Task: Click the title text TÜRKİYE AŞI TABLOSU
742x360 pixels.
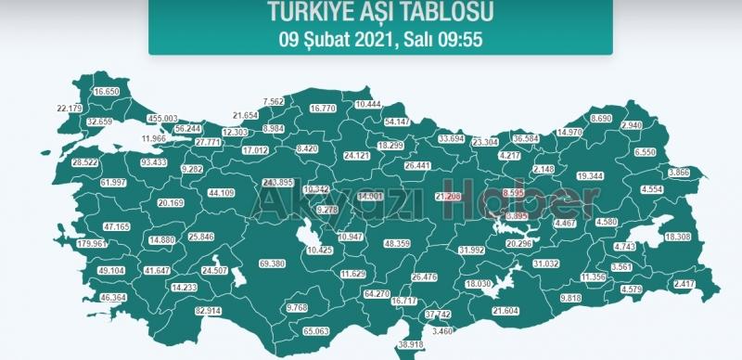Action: (380, 12)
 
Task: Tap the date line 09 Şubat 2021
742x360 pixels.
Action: (380, 40)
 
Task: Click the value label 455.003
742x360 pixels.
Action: (162, 119)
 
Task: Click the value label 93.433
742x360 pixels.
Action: (153, 162)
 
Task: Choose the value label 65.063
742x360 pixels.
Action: (315, 330)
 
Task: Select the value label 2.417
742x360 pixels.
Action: (684, 283)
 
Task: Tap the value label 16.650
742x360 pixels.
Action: (107, 92)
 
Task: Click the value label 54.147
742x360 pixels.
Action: (397, 122)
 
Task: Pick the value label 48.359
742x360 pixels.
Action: (397, 243)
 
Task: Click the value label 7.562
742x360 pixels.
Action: (274, 101)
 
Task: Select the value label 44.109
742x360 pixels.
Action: (221, 193)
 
